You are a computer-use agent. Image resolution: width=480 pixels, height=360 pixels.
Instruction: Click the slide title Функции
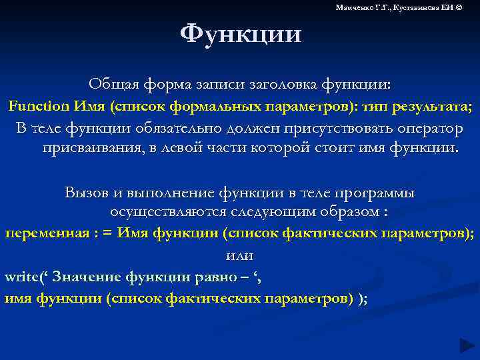point(241,33)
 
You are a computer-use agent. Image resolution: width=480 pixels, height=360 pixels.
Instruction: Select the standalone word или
point(239,255)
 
